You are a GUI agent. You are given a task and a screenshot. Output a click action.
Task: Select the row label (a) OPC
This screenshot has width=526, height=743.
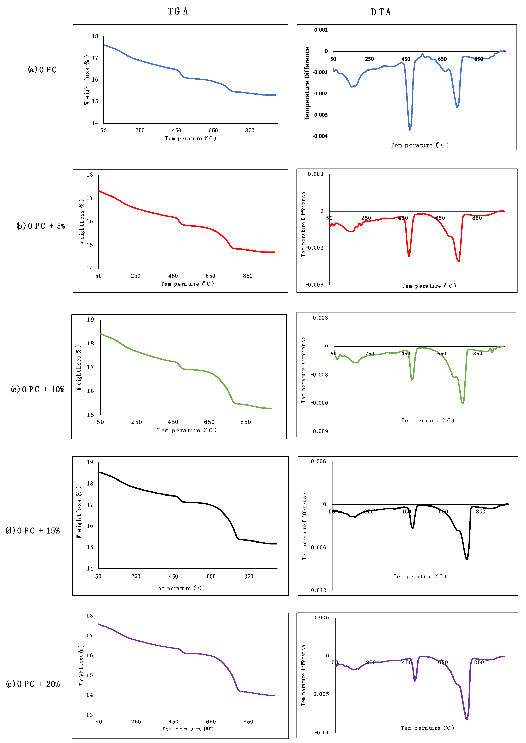point(42,70)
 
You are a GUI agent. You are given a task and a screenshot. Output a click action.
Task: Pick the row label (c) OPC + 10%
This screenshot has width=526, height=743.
point(38,389)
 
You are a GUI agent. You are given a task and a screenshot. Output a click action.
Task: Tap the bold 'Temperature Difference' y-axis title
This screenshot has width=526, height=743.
point(307,83)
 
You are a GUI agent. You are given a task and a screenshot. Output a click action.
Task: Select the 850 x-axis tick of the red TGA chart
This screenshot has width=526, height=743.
point(248,276)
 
